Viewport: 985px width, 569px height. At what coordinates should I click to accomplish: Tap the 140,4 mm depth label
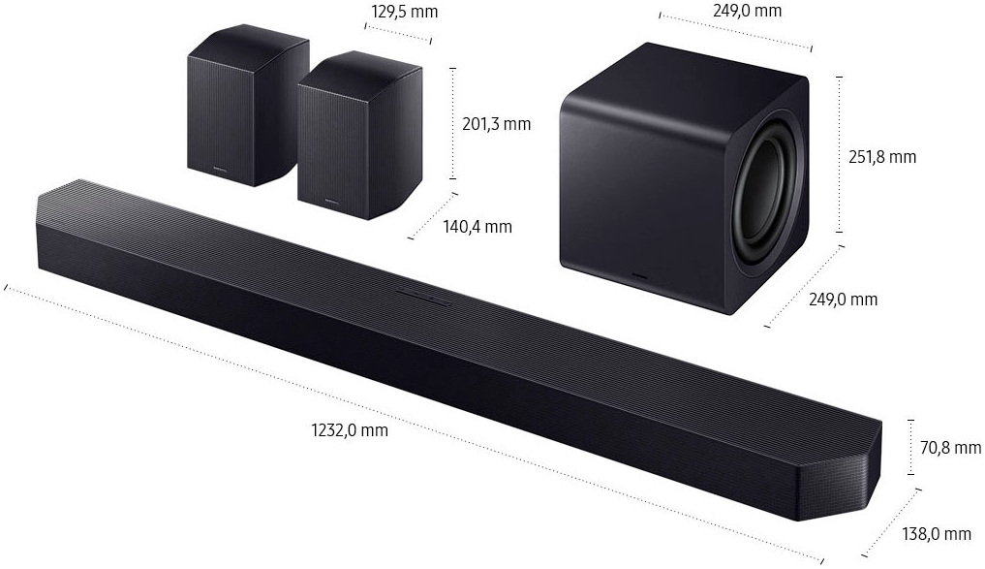coord(477,227)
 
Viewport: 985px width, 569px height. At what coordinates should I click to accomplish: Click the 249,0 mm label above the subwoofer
coord(746,11)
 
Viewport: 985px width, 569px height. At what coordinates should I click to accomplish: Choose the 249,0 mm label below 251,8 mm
coord(843,300)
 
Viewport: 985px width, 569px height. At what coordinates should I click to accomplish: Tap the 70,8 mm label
coord(950,447)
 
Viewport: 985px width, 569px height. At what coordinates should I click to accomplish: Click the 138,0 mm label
coord(936,534)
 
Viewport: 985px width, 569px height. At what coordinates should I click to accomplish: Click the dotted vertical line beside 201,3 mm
coord(452,123)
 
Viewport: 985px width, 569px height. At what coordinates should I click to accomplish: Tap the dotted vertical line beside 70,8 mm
coord(910,447)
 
